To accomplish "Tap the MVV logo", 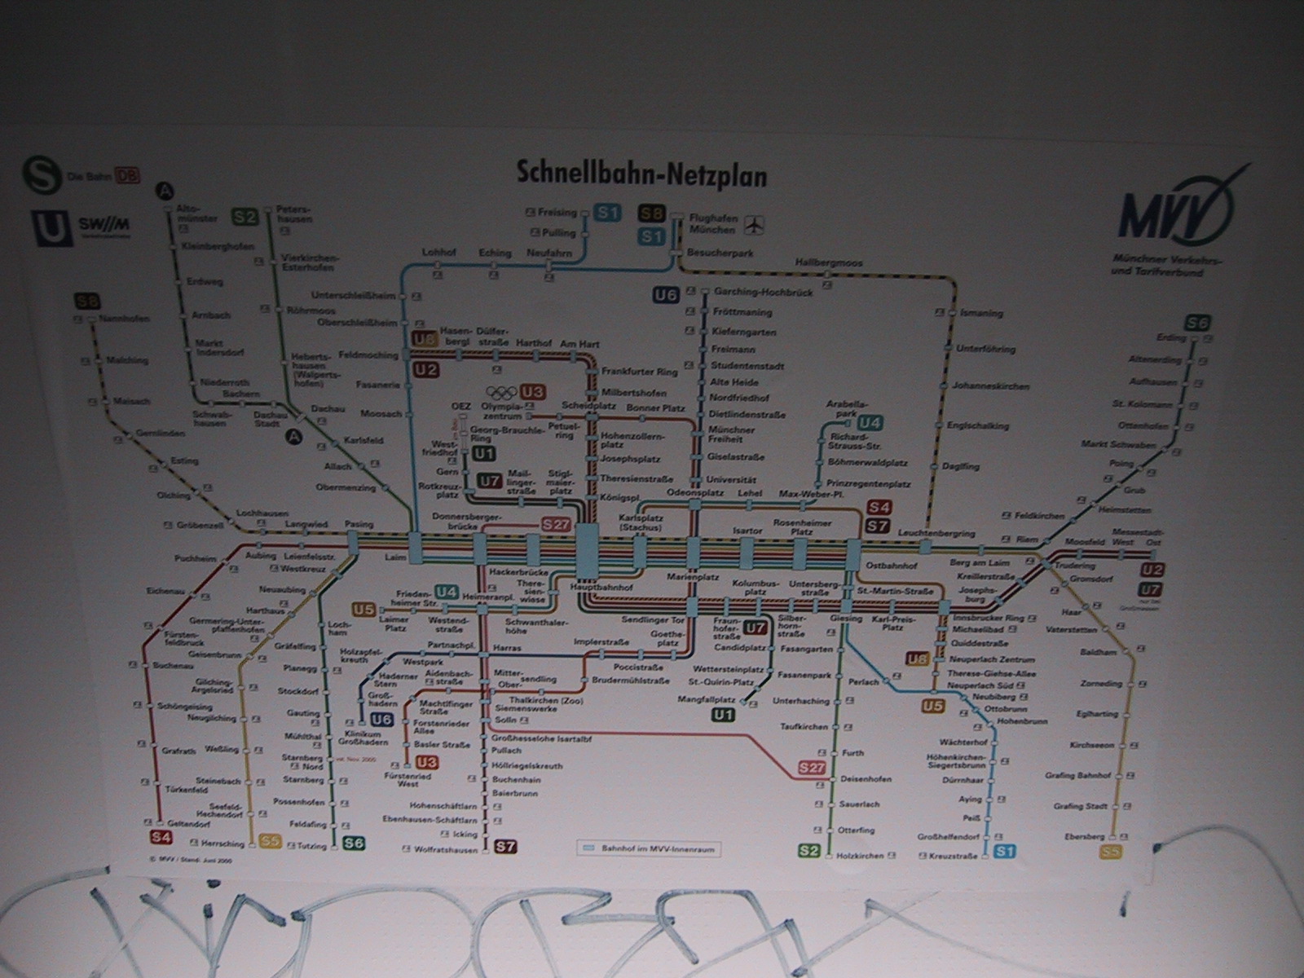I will tap(1174, 214).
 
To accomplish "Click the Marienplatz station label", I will tap(693, 577).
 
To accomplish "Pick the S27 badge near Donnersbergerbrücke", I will tap(556, 526).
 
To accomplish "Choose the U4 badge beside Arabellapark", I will tap(870, 422).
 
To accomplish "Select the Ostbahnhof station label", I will tap(892, 565).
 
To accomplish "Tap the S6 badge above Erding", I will tap(1197, 322).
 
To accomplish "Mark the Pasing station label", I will tap(359, 524).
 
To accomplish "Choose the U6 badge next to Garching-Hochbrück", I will tap(666, 295).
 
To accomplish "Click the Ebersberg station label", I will tap(1085, 836).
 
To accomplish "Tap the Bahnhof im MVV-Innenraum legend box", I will tap(650, 848).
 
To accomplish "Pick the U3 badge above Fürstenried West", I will tap(426, 763).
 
